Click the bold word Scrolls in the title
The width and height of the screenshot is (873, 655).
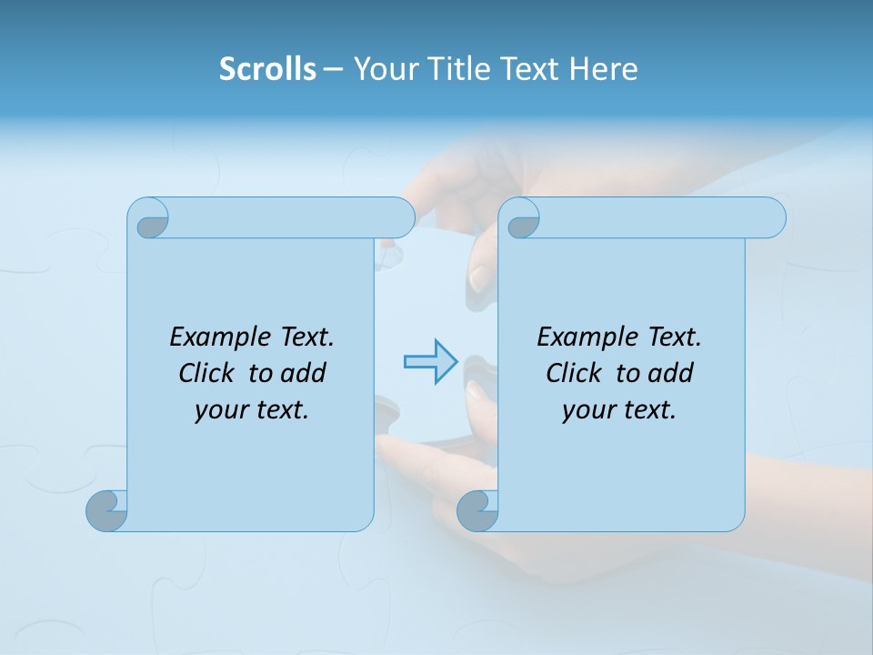coord(267,69)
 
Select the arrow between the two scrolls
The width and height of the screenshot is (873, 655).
coord(430,362)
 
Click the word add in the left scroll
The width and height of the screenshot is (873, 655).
coord(304,373)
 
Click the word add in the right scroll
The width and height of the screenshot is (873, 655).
coord(671,373)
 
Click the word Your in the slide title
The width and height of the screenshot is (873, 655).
coord(384,69)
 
